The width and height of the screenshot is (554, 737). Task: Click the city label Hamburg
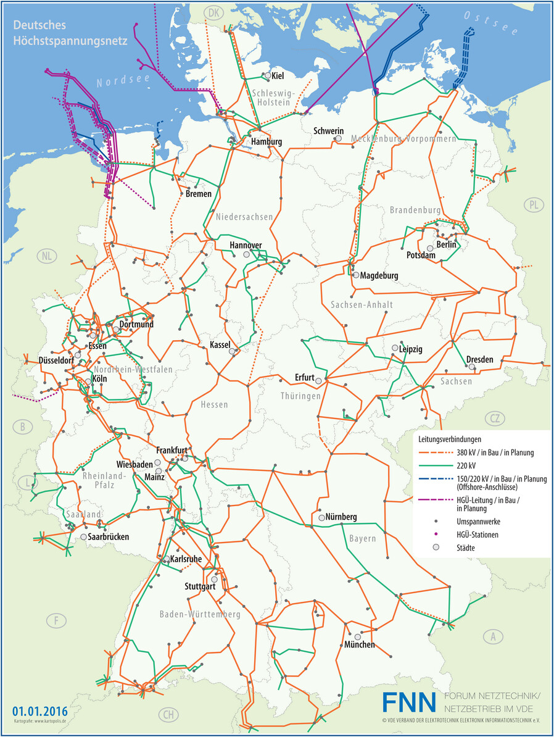[x=266, y=142]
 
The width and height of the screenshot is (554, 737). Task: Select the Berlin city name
[x=445, y=245]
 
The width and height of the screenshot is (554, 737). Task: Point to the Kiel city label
[x=278, y=75]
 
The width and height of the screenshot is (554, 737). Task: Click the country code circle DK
[x=213, y=13]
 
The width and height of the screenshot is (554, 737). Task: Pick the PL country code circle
[x=532, y=204]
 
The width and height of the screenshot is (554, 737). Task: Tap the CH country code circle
[x=168, y=715]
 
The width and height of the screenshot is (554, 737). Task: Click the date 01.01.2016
[x=39, y=710]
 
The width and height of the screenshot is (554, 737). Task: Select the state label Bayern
[x=362, y=539]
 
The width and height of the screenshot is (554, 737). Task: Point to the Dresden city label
[x=479, y=359]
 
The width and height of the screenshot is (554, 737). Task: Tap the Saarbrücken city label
[x=104, y=538]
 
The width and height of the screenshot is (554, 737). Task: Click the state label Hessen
[x=214, y=405]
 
